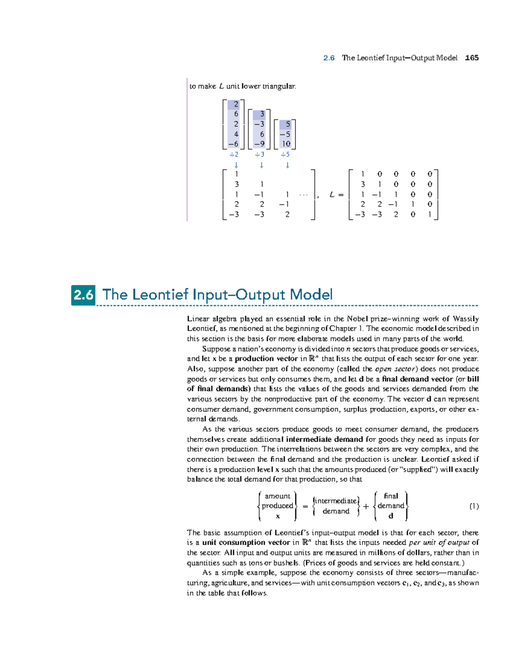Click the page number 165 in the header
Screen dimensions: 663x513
[x=472, y=58]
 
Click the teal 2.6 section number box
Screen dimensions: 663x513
[x=83, y=295]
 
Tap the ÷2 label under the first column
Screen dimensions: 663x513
[x=234, y=155]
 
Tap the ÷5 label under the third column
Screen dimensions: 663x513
[x=285, y=155]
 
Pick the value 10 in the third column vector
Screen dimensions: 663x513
[x=286, y=144]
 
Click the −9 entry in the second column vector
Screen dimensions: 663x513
[x=259, y=144]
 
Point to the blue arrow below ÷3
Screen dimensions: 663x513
[x=262, y=165]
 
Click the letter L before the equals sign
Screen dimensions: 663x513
[x=332, y=195]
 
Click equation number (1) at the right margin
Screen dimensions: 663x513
[x=474, y=506]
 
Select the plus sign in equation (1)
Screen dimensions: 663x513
[x=366, y=506]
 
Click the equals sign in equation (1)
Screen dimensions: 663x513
[x=305, y=506]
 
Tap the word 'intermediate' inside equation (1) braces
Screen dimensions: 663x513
[x=336, y=501]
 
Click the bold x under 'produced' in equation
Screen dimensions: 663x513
[x=277, y=516]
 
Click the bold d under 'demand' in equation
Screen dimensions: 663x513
[x=390, y=516]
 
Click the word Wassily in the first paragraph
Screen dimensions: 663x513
[x=466, y=318]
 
